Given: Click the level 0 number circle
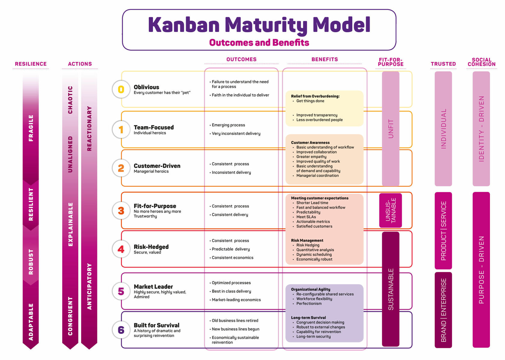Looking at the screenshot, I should pos(121,89).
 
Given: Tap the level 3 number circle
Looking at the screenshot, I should pos(121,211).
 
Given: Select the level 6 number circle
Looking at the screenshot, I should pos(121,330).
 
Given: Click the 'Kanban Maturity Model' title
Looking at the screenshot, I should pos(259,25).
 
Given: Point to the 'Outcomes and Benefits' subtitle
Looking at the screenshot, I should pos(259,43).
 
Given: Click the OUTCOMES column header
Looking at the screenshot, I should pos(241,60).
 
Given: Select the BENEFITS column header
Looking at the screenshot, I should pos(325,60).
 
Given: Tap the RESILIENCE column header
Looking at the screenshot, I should pos(31,64).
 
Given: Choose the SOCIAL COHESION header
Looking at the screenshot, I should pos(481,62).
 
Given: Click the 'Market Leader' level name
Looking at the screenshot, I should pos(153,287).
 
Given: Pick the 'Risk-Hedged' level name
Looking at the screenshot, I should pos(151,247).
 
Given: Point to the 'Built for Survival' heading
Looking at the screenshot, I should pos(157,325).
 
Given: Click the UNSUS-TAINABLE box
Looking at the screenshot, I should pos(390,210).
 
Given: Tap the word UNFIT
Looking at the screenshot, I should pos(391,129).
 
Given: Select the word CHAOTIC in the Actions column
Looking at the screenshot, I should pos(70,100).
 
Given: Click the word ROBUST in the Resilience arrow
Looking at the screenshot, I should pos(31,262).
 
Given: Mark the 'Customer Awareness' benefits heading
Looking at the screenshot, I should pos(310,143).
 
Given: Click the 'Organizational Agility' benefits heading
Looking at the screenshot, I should pos(311,289).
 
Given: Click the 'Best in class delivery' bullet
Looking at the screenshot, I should pos(231,291).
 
